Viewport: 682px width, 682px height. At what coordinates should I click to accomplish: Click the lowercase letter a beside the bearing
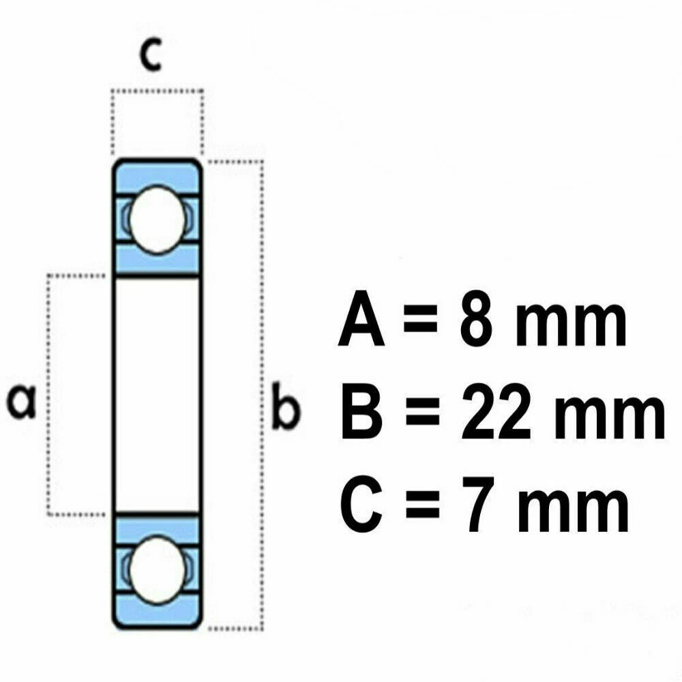pos(23,401)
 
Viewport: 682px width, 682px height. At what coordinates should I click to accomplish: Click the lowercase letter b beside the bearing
pos(284,408)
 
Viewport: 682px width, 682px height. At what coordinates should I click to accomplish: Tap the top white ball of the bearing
pos(156,220)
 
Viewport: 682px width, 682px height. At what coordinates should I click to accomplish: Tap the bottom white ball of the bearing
pos(156,569)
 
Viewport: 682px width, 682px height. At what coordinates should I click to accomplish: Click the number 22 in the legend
pos(496,414)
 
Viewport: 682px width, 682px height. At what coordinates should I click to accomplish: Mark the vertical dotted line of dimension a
pos(48,341)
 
